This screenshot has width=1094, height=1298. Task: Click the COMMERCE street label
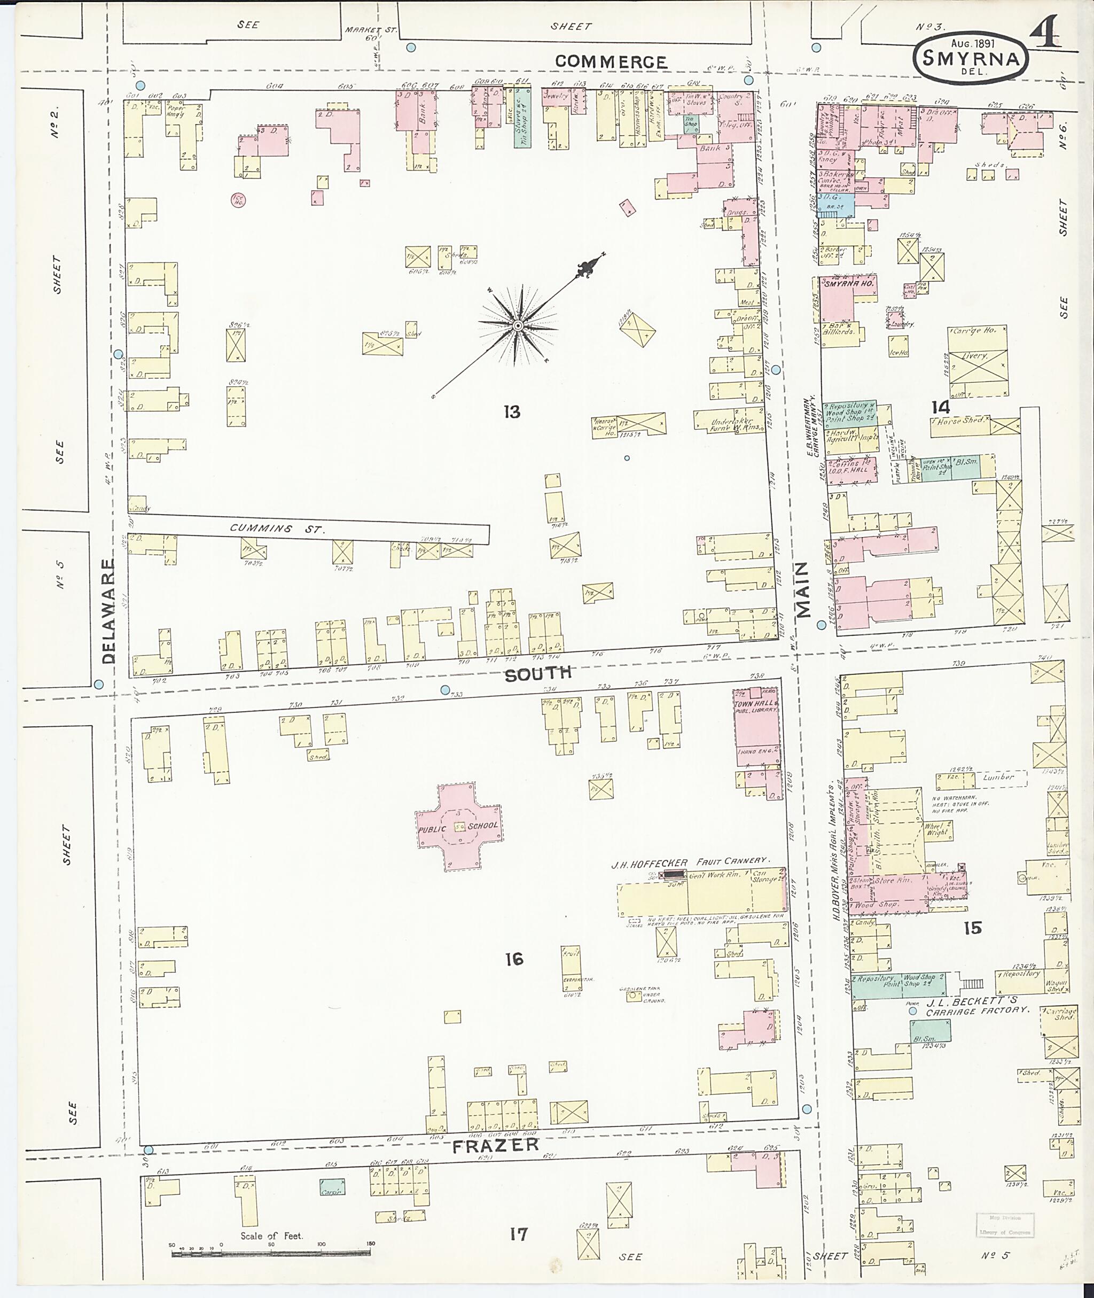point(611,61)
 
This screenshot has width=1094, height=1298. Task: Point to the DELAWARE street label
point(109,612)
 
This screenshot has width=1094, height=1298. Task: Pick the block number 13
point(512,412)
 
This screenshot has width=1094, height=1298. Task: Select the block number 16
point(513,959)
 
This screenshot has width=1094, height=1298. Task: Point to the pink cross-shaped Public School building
point(459,827)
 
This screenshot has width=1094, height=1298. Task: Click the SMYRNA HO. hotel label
point(849,283)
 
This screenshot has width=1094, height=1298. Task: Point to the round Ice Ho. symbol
point(238,200)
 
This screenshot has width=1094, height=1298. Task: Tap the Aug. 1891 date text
point(971,43)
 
